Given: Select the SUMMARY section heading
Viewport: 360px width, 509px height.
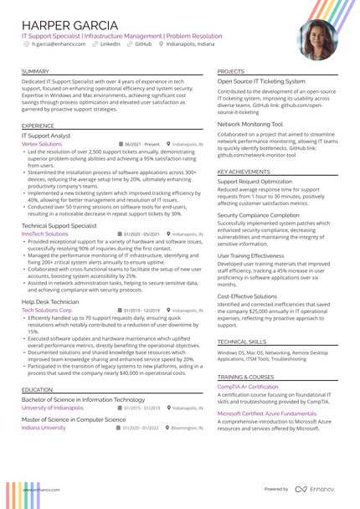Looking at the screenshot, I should [x=35, y=71].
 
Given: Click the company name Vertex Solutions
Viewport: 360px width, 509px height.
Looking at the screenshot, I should [x=42, y=144].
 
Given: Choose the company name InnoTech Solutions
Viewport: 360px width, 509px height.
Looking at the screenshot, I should [x=45, y=234].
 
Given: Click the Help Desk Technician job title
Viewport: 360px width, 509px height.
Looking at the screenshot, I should [x=50, y=301].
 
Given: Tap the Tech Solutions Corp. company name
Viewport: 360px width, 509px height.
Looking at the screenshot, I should [x=47, y=310].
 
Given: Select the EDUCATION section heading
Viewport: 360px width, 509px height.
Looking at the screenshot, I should [x=38, y=390].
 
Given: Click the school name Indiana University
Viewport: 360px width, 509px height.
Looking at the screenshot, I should [x=44, y=428].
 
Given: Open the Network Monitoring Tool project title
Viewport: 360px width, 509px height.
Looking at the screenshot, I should [x=250, y=124].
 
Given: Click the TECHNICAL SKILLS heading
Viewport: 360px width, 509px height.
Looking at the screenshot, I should [x=242, y=342].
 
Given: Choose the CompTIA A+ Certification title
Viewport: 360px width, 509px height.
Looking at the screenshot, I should [x=248, y=388].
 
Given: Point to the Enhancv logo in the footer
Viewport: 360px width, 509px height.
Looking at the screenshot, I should [x=316, y=489].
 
